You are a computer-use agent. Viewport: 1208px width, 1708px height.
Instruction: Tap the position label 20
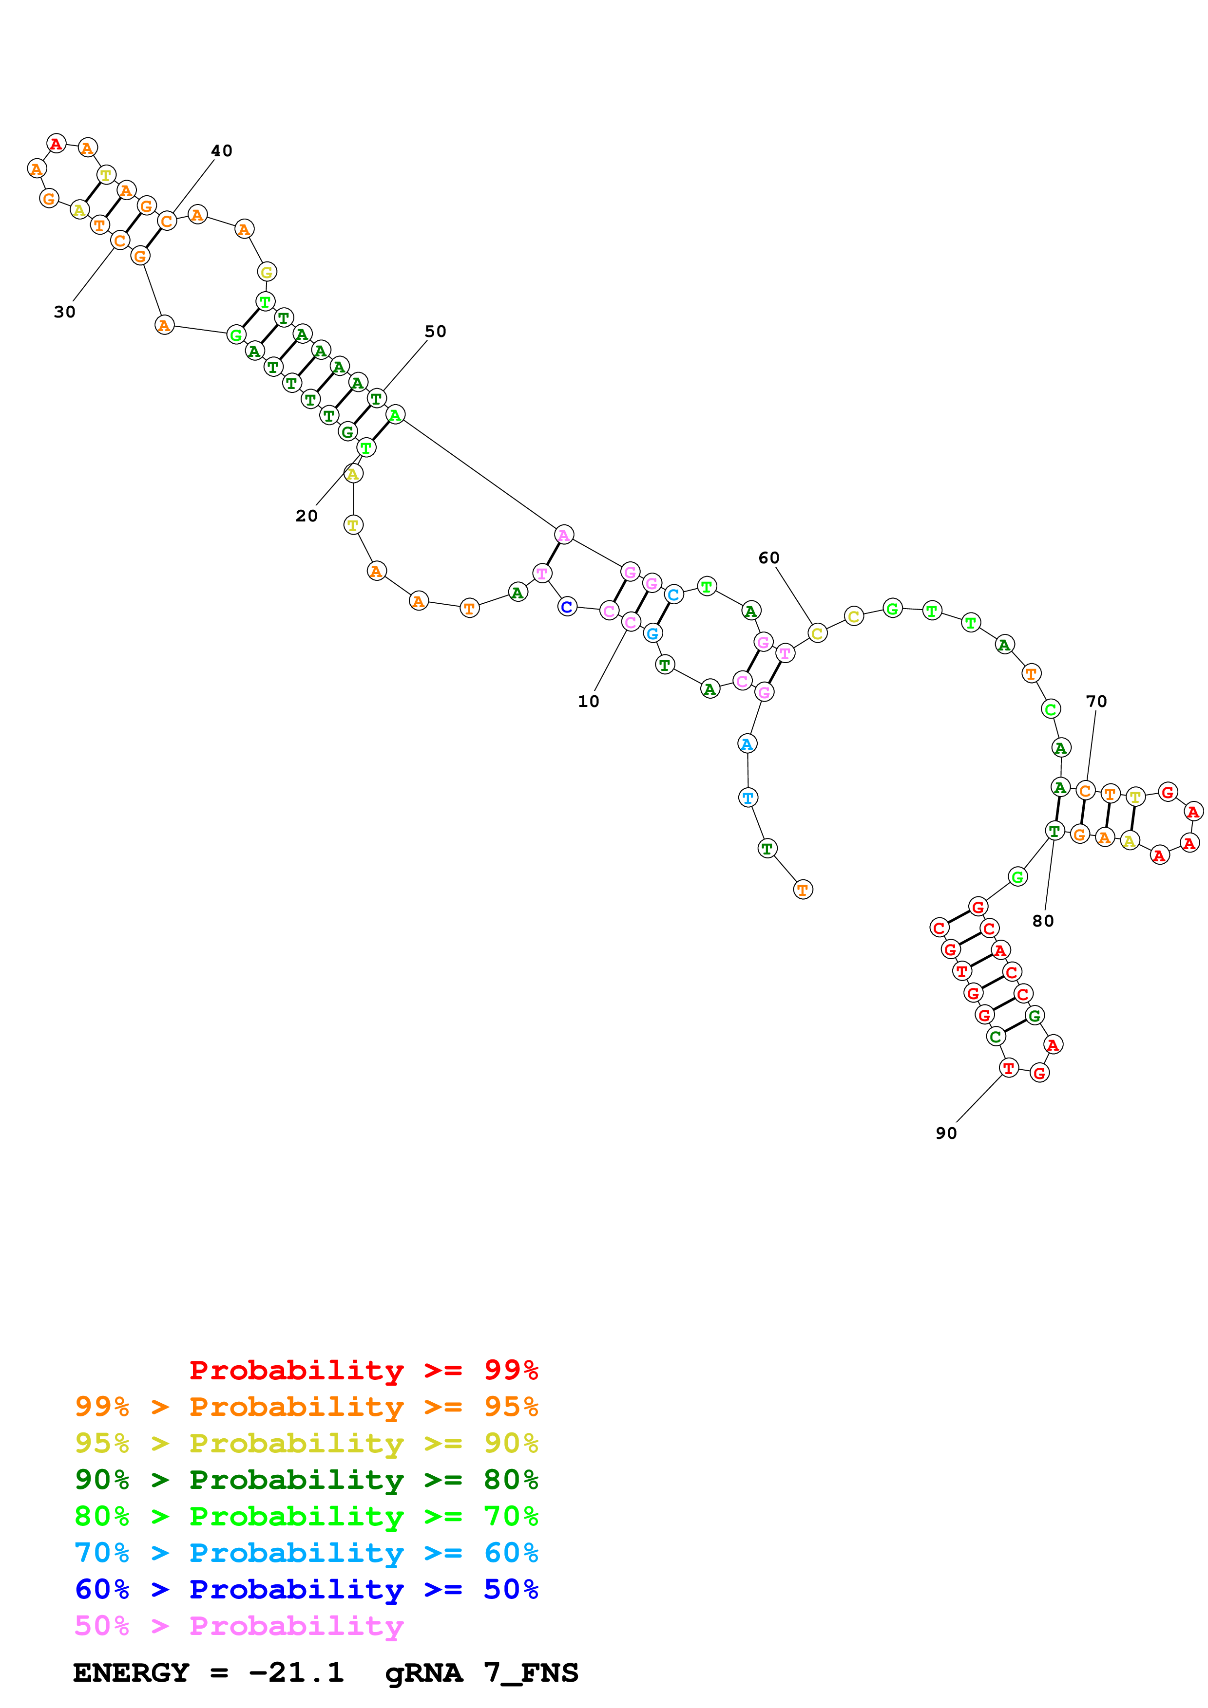coord(306,516)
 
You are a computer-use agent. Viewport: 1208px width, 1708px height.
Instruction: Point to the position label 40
coord(222,150)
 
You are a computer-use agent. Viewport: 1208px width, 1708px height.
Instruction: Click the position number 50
coord(436,331)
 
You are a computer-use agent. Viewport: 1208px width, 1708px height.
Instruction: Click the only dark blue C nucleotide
coord(567,607)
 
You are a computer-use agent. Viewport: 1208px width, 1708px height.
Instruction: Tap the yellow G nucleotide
coord(267,272)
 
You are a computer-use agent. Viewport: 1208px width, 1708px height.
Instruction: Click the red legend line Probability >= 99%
coord(363,1370)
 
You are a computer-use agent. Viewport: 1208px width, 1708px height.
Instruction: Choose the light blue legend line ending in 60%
coord(306,1553)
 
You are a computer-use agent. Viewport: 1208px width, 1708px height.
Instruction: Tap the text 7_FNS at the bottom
coord(531,1672)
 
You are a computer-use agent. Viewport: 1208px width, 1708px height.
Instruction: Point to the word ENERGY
coord(131,1672)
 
